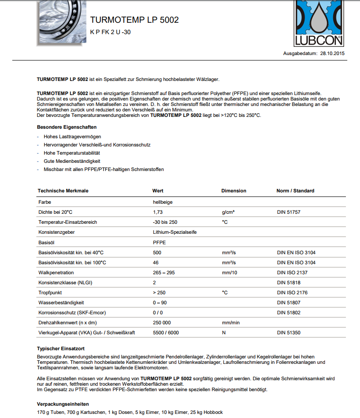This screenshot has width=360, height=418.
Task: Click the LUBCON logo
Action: tap(320, 24)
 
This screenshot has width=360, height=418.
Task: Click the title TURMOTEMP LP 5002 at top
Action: tap(134, 20)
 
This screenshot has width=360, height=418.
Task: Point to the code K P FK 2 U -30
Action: tap(110, 32)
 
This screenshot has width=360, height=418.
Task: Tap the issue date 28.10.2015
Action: tap(333, 54)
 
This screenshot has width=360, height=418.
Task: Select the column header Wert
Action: tap(158, 191)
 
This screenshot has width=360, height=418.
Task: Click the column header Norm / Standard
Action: tap(295, 191)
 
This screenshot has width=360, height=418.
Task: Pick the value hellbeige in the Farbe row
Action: tap(162, 202)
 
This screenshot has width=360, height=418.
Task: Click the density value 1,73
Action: tap(158, 212)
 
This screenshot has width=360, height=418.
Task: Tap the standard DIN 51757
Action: tap(289, 212)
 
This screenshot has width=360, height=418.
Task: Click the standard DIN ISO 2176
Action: tap(292, 292)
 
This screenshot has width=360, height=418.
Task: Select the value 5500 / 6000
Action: tap(166, 332)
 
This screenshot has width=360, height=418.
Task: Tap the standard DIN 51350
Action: tap(289, 332)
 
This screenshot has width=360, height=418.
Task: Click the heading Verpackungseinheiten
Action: tap(63, 404)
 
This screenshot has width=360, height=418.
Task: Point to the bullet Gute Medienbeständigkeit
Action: tap(72, 161)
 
